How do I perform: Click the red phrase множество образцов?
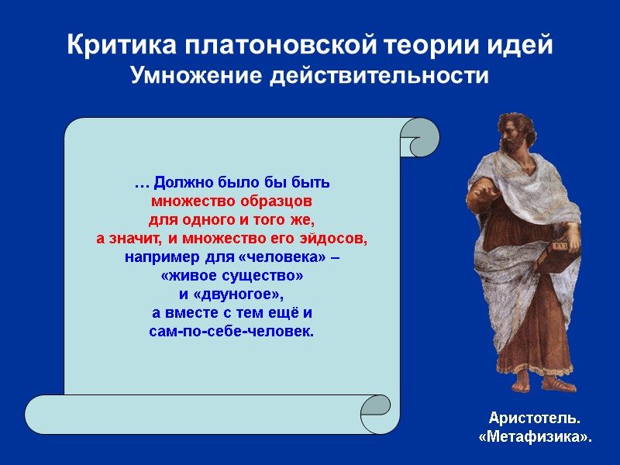[232, 201]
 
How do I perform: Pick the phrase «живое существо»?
[232, 276]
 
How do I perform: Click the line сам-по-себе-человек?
[232, 332]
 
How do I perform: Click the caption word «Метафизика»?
[535, 438]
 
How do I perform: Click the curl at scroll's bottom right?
[377, 410]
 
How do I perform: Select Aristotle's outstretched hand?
[474, 192]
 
